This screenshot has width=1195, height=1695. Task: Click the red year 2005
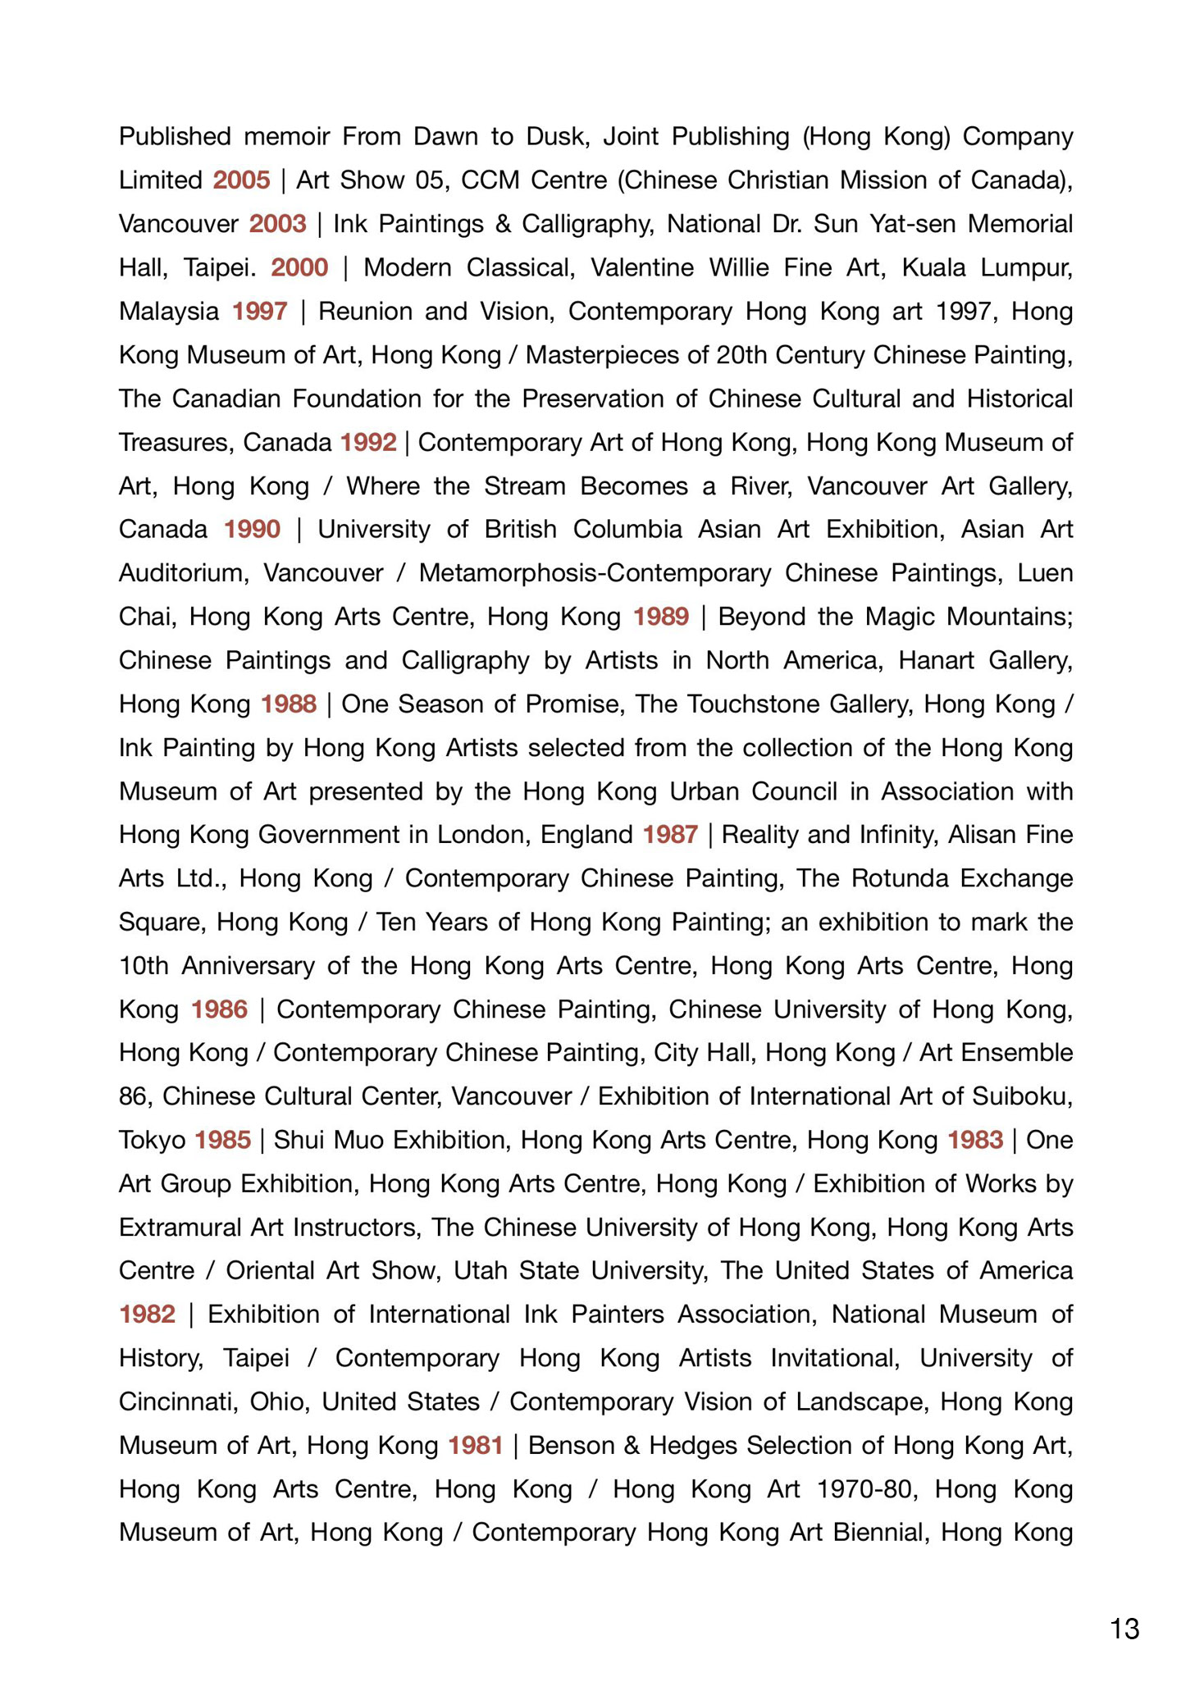pyautogui.click(x=241, y=180)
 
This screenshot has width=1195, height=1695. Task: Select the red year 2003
pyautogui.click(x=278, y=223)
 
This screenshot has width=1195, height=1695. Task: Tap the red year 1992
pyautogui.click(x=368, y=442)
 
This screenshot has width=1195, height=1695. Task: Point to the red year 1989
pyautogui.click(x=661, y=616)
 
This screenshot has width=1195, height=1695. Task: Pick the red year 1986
pyautogui.click(x=219, y=1009)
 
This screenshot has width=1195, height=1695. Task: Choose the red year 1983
pyautogui.click(x=975, y=1140)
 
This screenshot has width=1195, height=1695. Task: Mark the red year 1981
pyautogui.click(x=476, y=1445)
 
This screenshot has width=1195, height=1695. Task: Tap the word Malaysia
pyautogui.click(x=169, y=311)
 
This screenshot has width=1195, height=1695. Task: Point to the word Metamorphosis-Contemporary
pyautogui.click(x=595, y=572)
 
